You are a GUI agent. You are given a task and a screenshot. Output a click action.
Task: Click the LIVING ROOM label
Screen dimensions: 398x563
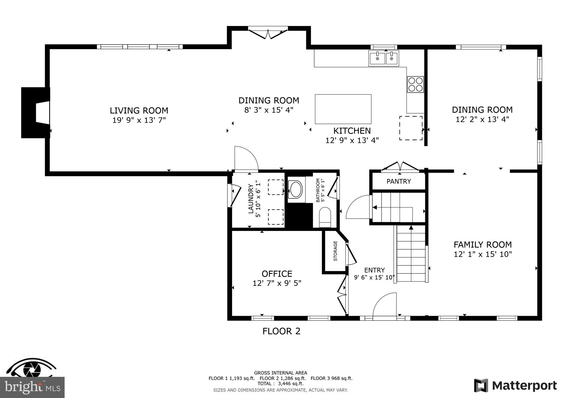tap(139, 110)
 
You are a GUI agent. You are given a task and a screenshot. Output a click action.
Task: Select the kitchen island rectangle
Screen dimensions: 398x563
tap(343, 109)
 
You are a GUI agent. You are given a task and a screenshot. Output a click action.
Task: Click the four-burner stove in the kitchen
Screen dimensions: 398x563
tap(415, 84)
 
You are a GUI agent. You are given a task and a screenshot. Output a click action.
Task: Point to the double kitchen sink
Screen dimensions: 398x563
tap(384, 58)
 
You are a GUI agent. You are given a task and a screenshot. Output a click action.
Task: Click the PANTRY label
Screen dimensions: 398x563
tap(399, 181)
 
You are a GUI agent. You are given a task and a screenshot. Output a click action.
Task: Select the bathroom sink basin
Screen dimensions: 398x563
tap(296, 189)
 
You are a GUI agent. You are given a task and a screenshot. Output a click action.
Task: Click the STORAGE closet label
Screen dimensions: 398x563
tap(335, 251)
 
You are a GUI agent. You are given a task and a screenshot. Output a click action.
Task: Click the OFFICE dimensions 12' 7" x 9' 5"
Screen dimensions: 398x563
tap(277, 283)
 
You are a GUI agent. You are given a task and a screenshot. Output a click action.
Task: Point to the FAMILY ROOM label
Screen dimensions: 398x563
tap(482, 244)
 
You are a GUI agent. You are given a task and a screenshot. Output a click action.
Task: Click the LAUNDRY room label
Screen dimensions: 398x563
tap(251, 199)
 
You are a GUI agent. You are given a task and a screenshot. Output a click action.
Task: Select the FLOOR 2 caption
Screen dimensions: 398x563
tap(281, 331)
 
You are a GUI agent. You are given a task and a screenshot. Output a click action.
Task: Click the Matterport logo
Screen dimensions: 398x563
tap(515, 386)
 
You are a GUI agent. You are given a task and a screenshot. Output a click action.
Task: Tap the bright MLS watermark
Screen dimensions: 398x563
tap(32, 387)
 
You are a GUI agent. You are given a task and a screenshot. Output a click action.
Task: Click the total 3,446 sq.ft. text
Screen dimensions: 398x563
tap(280, 384)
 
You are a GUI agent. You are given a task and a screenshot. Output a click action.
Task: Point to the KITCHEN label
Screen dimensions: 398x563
tap(352, 131)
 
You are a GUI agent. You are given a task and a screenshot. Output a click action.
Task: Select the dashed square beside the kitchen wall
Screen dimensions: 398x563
tap(411, 128)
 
